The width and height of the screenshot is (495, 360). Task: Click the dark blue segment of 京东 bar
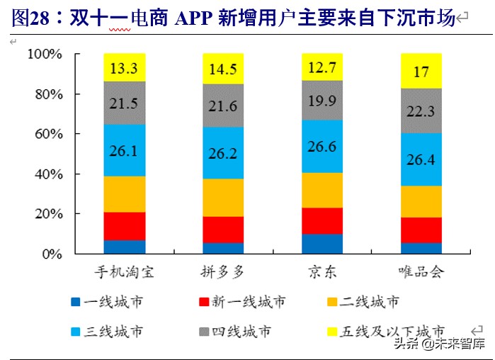[322, 244]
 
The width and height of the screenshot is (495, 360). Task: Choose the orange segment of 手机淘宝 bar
[124, 194]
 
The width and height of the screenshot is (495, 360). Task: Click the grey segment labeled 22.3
[421, 111]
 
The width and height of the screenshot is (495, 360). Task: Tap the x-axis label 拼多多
[223, 272]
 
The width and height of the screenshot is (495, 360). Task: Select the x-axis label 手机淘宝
[124, 272]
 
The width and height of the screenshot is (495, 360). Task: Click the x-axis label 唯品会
[421, 272]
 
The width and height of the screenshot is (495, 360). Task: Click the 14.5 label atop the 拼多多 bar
[223, 69]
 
